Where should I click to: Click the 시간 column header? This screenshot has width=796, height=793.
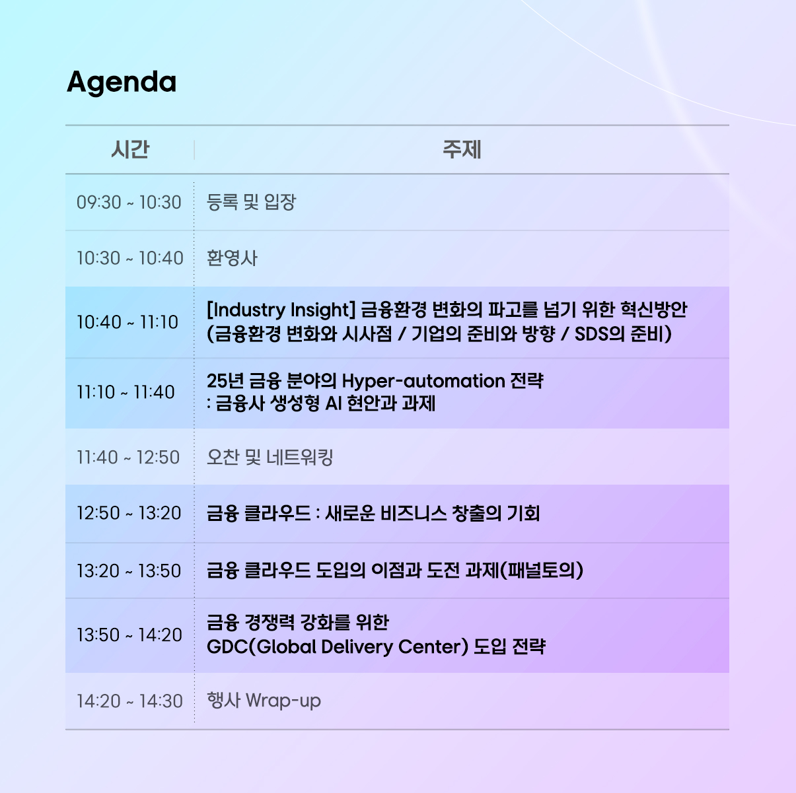[129, 149]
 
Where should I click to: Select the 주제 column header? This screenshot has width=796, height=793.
[462, 149]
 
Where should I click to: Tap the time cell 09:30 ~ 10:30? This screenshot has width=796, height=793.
[129, 203]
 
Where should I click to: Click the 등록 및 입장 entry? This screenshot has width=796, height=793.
[251, 202]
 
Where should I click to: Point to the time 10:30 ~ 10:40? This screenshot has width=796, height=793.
[129, 258]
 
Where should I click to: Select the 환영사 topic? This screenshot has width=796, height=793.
[232, 258]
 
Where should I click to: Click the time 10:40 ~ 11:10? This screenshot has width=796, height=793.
[127, 322]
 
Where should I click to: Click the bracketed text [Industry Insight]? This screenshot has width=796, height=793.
[281, 310]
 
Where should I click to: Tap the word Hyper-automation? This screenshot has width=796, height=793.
[423, 381]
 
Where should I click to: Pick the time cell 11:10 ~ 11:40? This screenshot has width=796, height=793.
[126, 392]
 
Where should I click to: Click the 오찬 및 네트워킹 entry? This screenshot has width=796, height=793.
[270, 457]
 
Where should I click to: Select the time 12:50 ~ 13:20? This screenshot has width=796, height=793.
[129, 513]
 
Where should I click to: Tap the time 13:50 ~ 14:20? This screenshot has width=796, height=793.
[129, 635]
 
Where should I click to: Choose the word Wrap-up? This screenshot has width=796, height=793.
[283, 701]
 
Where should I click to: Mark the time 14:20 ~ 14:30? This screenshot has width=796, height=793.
[129, 701]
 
